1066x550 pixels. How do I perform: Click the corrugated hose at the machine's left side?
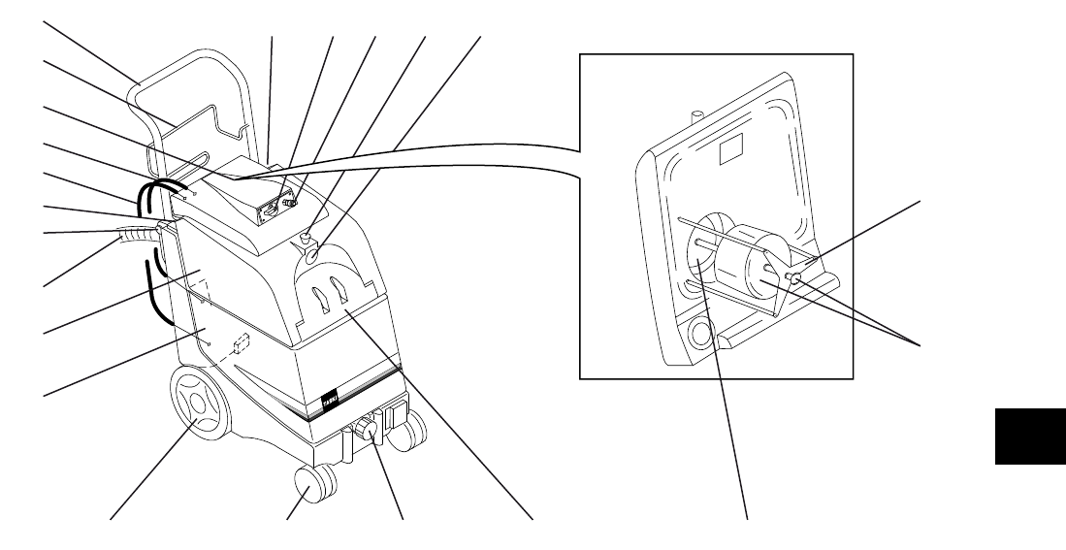(x=131, y=236)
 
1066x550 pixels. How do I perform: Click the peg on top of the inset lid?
(x=695, y=116)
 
